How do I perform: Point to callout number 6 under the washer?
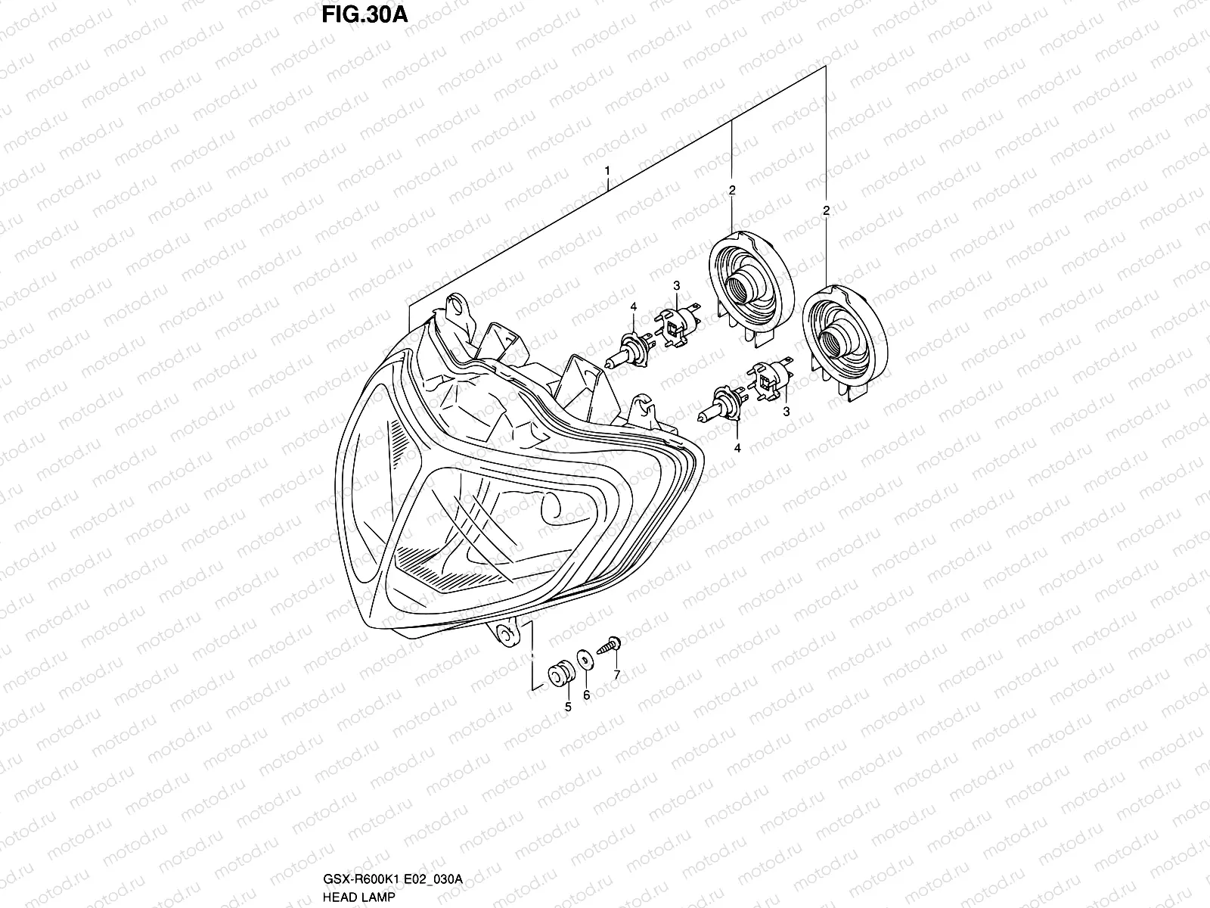[x=586, y=694]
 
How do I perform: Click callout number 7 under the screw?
[x=616, y=674]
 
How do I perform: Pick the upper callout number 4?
[x=634, y=306]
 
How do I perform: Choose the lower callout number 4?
[x=737, y=448]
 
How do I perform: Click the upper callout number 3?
[x=677, y=285]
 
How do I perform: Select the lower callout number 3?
[x=786, y=411]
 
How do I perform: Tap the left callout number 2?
[x=732, y=191]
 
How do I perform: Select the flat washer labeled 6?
[x=585, y=659]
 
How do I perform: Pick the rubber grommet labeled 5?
[x=560, y=673]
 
